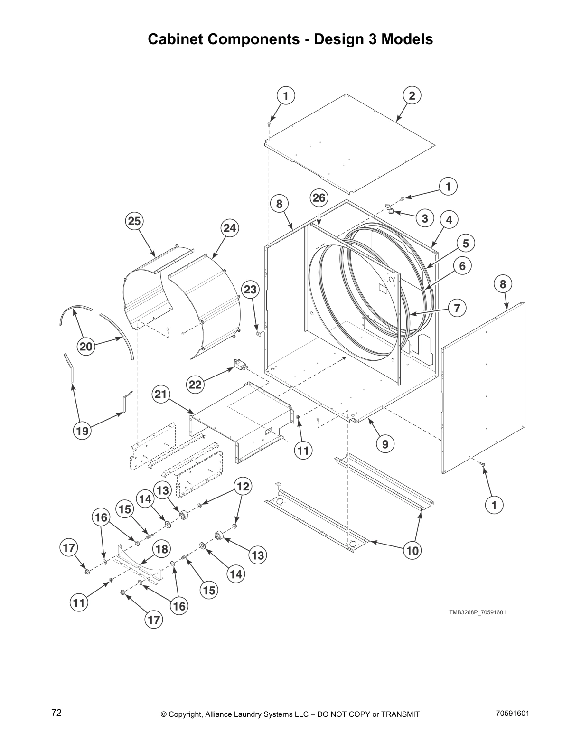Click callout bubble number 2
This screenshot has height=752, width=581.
[412, 96]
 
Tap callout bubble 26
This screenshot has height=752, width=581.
[319, 197]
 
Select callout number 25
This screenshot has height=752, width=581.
[134, 221]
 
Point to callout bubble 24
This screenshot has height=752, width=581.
[229, 228]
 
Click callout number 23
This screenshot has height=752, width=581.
[251, 290]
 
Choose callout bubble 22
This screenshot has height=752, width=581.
[196, 385]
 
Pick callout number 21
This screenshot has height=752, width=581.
[161, 394]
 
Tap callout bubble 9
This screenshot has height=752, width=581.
[385, 444]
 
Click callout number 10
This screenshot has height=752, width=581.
[412, 551]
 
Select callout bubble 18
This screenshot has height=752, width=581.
[161, 549]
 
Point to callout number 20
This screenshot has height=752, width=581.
[86, 347]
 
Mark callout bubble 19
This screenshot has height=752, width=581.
[82, 431]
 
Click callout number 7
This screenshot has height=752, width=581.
[457, 308]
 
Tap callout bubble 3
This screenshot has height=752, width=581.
[424, 218]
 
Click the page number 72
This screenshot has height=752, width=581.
[56, 713]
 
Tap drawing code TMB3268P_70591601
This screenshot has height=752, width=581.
[478, 612]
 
